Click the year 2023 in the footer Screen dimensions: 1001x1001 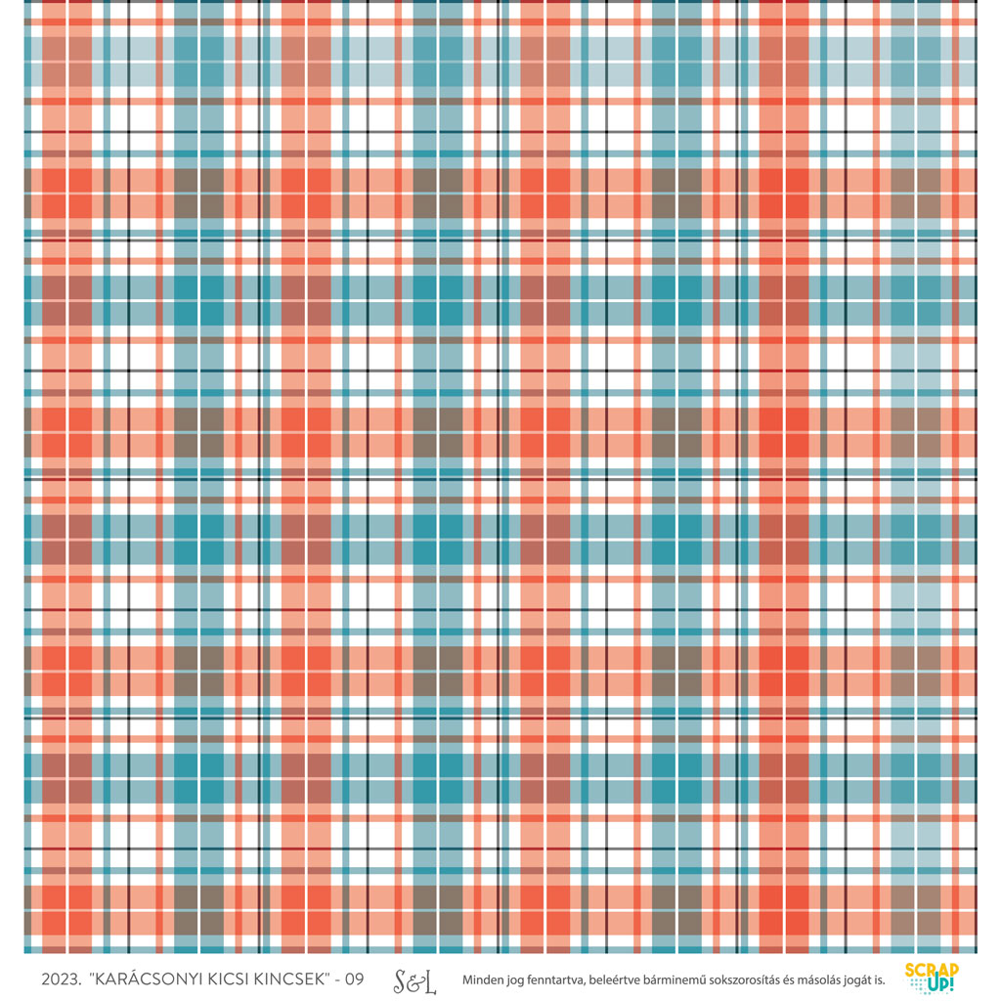pos(61,979)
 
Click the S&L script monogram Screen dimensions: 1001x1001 pos(414,980)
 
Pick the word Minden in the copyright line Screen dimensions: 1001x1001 pos(484,979)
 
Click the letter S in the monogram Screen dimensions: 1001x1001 pos(401,980)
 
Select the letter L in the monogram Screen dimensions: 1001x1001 pos(429,980)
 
